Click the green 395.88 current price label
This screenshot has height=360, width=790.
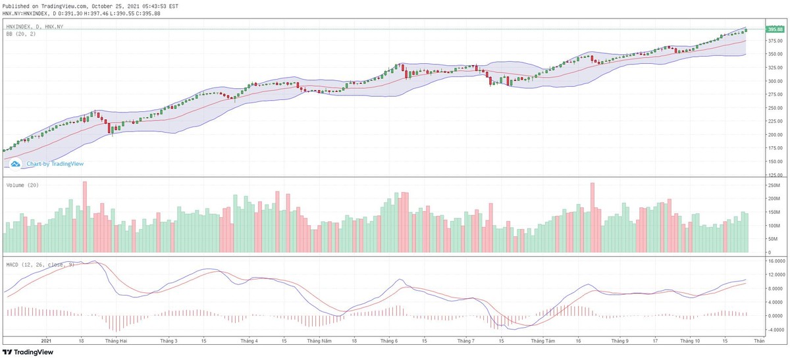click(775, 30)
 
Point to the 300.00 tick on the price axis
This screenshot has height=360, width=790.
click(774, 81)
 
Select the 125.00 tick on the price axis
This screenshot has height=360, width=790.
click(774, 175)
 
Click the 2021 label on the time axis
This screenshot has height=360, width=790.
click(46, 341)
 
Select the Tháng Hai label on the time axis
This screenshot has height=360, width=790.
click(117, 341)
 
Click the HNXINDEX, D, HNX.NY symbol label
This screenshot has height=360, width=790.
click(34, 26)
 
